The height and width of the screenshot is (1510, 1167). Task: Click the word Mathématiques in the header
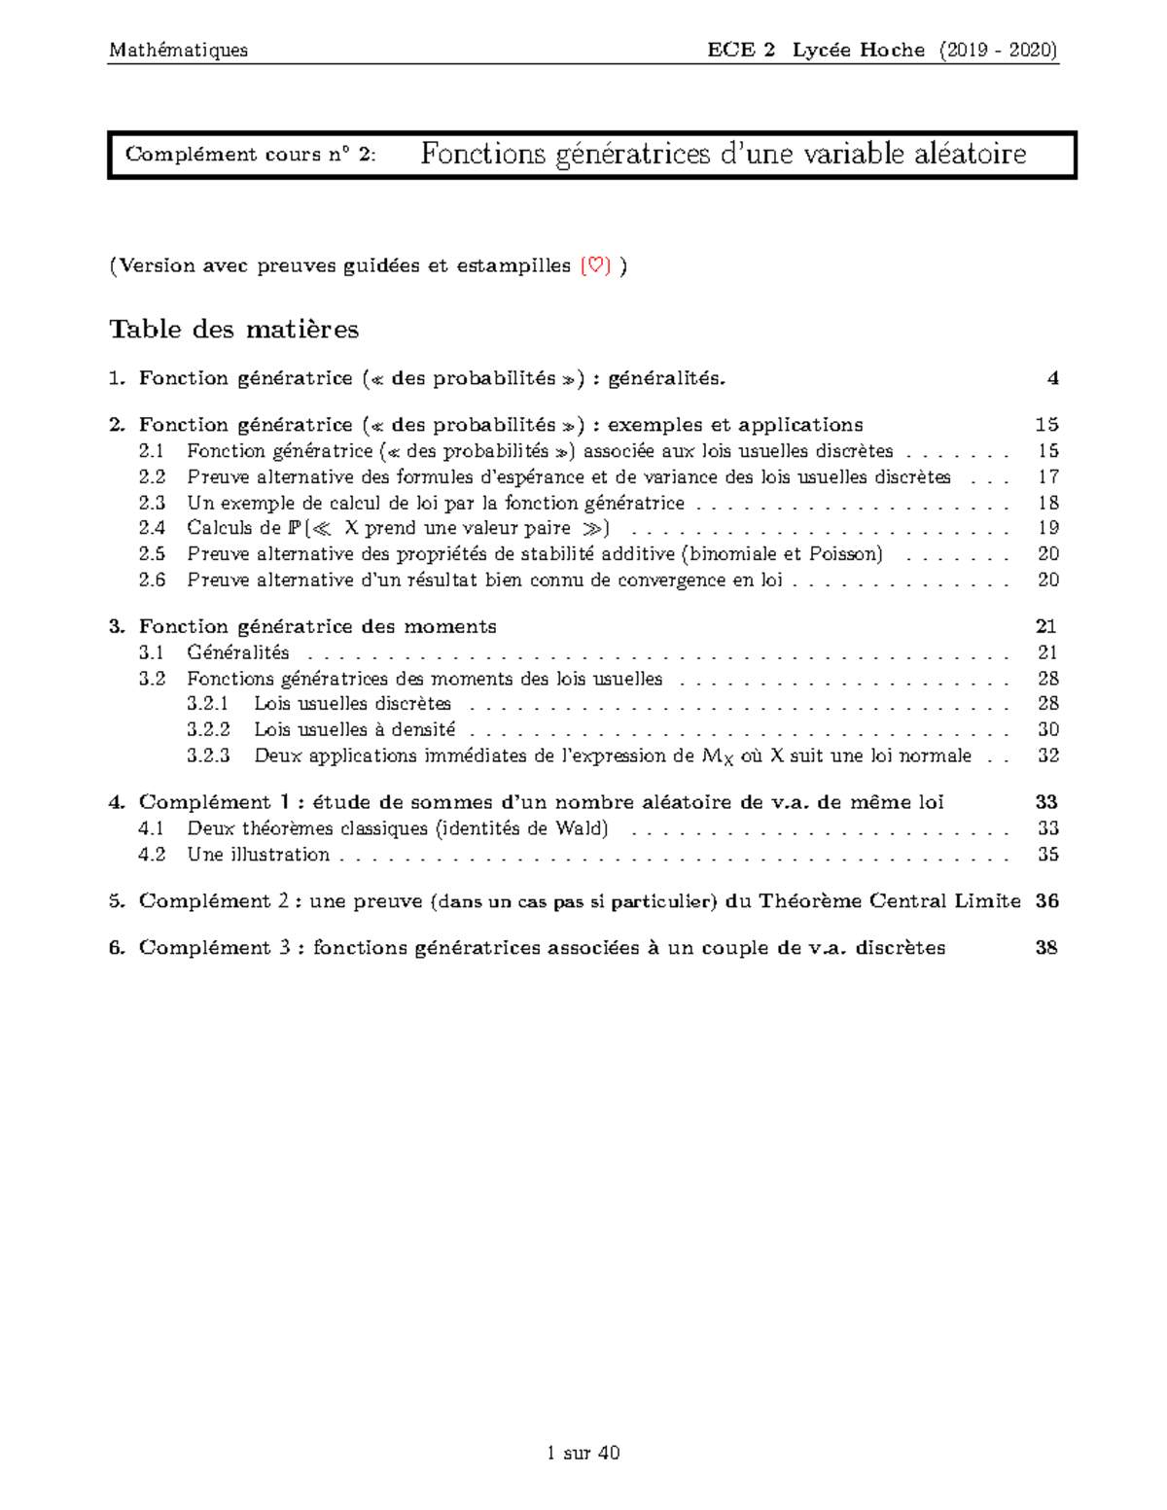pyautogui.click(x=178, y=50)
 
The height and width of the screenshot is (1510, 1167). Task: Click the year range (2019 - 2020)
pyautogui.click(x=998, y=50)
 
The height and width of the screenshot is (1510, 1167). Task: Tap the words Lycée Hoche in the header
pyautogui.click(x=858, y=50)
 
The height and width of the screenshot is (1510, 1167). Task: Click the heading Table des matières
pyautogui.click(x=233, y=329)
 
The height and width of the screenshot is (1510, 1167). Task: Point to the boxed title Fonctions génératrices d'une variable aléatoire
pyautogui.click(x=724, y=154)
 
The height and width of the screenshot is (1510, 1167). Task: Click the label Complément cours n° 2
pyautogui.click(x=250, y=155)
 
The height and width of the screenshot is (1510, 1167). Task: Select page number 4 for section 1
pyautogui.click(x=1052, y=378)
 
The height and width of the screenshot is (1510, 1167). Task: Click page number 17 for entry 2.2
pyautogui.click(x=1047, y=476)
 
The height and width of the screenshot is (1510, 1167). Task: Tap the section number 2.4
pyautogui.click(x=152, y=528)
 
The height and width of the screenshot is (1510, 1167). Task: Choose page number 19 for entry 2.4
pyautogui.click(x=1047, y=528)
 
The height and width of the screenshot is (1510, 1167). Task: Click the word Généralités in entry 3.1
pyautogui.click(x=238, y=652)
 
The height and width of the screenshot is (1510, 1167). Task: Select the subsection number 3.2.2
pyautogui.click(x=208, y=729)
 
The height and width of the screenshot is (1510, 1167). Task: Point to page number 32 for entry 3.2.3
pyautogui.click(x=1047, y=755)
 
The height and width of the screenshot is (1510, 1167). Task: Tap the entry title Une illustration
pyautogui.click(x=258, y=855)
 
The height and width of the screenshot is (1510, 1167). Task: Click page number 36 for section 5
pyautogui.click(x=1046, y=901)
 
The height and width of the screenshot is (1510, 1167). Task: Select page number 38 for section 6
pyautogui.click(x=1046, y=948)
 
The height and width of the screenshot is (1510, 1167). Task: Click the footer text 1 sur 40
pyautogui.click(x=583, y=1453)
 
